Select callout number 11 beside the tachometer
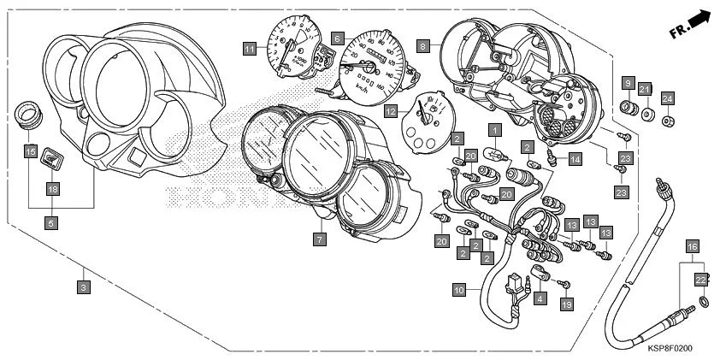pos(249,48)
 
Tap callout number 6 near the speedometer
pos(338,39)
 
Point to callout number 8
pos(424,45)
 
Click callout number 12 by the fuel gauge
pos(390,110)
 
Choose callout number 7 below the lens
pos(318,239)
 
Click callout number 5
pos(51,223)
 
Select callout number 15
pos(30,152)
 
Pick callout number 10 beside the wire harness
pos(459,291)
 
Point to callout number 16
pos(693,246)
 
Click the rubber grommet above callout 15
pos(29,115)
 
